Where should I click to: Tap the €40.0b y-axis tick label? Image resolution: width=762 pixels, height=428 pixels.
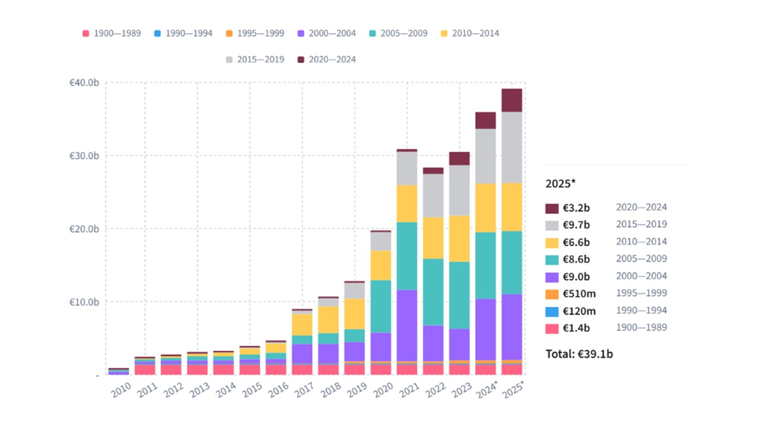point(84,83)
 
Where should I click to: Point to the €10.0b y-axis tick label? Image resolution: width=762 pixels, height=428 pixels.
point(84,301)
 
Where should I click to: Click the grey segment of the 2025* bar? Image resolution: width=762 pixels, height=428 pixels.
point(512,147)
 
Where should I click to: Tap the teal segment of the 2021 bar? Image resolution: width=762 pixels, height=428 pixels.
point(407,256)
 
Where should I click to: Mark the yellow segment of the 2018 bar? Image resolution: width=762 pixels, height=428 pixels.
point(329,319)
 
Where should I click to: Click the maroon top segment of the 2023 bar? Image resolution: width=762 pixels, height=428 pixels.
point(460,158)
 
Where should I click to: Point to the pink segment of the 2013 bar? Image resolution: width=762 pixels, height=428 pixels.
point(198,370)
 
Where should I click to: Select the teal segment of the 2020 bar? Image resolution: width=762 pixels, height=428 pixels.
point(381,306)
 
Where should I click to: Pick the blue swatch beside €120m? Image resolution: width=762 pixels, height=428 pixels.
point(552,311)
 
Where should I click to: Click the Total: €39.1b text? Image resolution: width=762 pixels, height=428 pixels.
point(579,354)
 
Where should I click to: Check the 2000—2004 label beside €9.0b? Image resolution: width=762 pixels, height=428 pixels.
point(641,276)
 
